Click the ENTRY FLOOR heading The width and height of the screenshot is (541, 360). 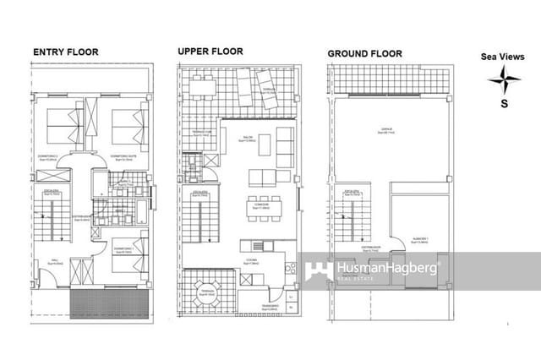65,52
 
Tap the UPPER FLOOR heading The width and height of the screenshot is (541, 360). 210,52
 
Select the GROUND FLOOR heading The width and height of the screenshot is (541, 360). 364,54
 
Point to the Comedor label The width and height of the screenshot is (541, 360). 260,205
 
